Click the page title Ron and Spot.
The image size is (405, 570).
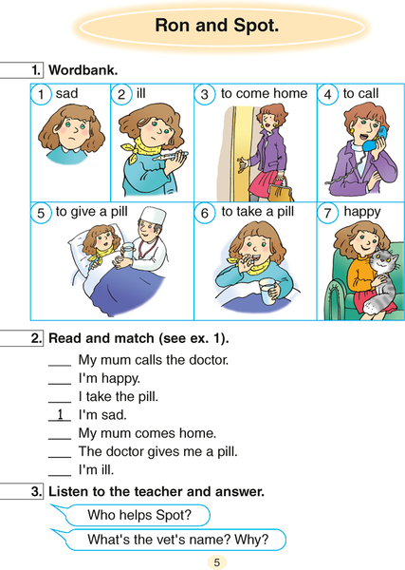[x=216, y=26]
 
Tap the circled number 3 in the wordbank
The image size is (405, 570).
[x=204, y=94]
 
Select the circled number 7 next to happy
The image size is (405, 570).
[x=327, y=213]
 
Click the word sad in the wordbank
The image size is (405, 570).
[x=66, y=93]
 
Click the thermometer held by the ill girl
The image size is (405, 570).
[x=171, y=157]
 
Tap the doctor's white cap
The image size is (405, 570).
[x=153, y=217]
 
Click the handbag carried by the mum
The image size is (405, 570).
[x=281, y=189]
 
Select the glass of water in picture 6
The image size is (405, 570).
[x=267, y=292]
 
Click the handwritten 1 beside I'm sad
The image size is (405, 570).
[x=61, y=414]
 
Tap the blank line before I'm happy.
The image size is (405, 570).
[x=60, y=384]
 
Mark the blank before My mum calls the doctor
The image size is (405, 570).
[x=60, y=366]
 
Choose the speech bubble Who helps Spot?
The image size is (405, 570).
[x=131, y=515]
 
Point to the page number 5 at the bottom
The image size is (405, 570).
[x=216, y=562]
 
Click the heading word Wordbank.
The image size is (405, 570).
[x=83, y=70]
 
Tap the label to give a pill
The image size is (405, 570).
[x=92, y=212]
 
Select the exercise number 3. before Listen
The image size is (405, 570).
[x=37, y=491]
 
